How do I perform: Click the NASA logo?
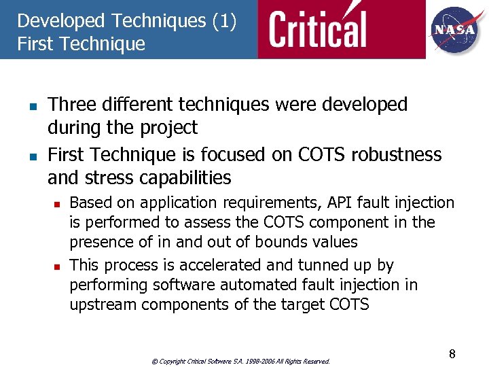coord(456,29)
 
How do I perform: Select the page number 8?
coord(452,354)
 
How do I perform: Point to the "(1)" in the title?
coord(224,21)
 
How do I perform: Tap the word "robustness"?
coord(397,155)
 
